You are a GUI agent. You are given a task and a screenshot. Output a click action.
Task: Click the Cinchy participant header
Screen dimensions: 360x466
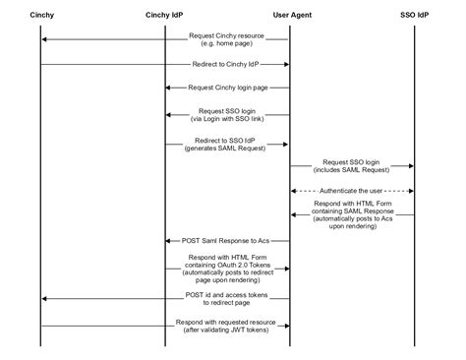[x=42, y=15]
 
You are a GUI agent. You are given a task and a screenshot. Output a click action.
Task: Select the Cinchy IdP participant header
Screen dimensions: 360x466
[x=165, y=15]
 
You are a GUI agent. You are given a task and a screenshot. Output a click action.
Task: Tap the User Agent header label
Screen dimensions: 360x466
[x=289, y=15]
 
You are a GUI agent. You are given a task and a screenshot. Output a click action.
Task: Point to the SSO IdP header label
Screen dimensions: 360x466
[x=414, y=15]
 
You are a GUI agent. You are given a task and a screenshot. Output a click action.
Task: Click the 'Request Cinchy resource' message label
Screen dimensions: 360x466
[x=228, y=35]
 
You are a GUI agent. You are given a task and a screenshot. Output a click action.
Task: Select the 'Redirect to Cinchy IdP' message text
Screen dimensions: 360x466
[x=228, y=64]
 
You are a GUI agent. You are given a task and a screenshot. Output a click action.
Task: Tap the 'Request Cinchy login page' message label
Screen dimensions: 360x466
[x=228, y=88]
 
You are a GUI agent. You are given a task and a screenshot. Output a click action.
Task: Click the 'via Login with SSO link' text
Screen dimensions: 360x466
[x=228, y=118]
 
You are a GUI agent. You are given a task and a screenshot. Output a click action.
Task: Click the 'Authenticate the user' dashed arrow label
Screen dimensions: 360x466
[x=352, y=190]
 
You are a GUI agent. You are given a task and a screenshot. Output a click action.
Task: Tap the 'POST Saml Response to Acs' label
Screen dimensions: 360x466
[x=228, y=240]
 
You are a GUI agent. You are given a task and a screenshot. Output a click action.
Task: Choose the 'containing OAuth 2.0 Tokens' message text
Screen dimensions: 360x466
[x=228, y=266]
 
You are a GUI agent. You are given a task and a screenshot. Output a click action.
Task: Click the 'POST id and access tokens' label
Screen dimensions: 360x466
[x=228, y=294]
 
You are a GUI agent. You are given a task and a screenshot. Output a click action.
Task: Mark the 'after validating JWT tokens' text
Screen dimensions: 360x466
[x=228, y=329]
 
